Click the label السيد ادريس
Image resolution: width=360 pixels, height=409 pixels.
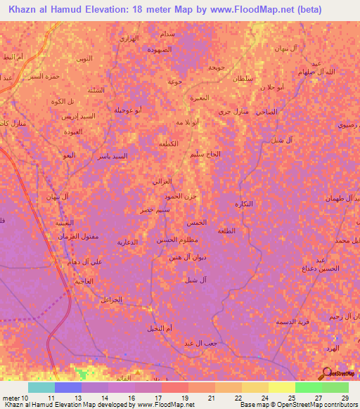pos(76,115)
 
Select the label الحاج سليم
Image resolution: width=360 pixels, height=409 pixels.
pos(206,153)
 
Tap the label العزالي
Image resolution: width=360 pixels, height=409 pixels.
pos(162,181)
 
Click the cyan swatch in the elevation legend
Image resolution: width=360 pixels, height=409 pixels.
pos(41,387)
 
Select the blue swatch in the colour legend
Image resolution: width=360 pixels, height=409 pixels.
pos(68,387)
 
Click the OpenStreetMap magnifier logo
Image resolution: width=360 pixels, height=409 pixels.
pos(326,373)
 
